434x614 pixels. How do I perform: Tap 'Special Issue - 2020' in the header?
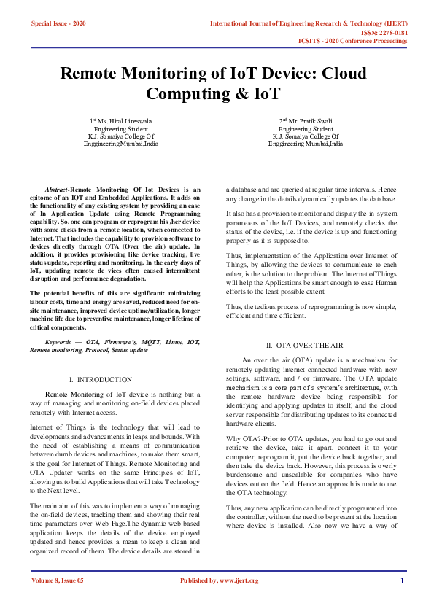pyautogui.click(x=58, y=24)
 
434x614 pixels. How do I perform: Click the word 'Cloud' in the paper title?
pyautogui.click(x=344, y=74)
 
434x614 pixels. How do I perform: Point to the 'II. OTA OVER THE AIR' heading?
pyautogui.click(x=304, y=345)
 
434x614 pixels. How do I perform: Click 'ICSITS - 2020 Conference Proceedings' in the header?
pyautogui.click(x=353, y=42)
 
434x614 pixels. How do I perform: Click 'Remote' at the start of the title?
pyautogui.click(x=90, y=74)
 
